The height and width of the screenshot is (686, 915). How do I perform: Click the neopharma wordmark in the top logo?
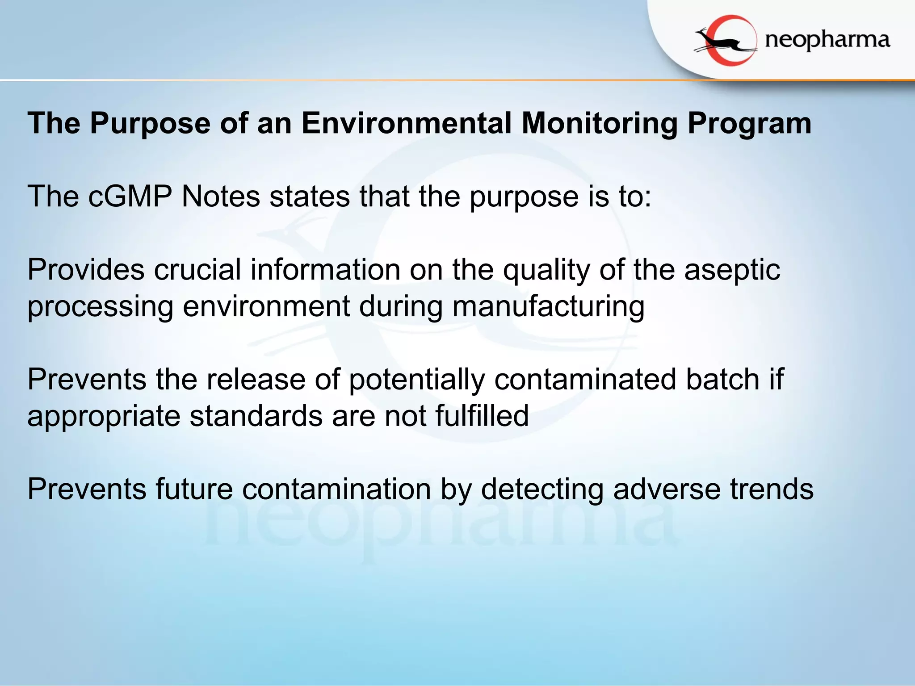(x=827, y=41)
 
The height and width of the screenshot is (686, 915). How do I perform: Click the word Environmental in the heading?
(x=406, y=123)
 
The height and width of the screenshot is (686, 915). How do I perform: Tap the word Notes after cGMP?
(x=221, y=197)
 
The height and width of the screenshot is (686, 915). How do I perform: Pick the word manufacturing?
(x=548, y=307)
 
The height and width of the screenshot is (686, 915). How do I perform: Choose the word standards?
(x=256, y=416)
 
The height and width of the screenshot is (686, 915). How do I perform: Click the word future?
(x=194, y=489)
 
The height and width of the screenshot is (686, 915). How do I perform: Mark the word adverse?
(x=667, y=489)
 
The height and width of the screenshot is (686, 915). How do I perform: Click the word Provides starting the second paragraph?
(x=86, y=270)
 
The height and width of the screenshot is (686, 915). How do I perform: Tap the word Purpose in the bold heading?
(x=150, y=124)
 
